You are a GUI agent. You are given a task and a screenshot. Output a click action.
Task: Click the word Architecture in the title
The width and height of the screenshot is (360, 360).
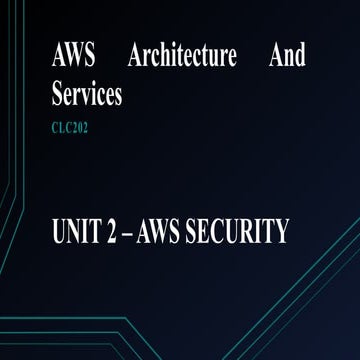[182, 57]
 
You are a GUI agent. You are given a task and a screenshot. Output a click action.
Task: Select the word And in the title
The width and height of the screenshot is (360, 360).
[287, 57]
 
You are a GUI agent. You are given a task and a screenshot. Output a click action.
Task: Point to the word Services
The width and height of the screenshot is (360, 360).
[86, 95]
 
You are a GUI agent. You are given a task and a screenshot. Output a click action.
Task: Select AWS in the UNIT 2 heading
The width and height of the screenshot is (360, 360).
[171, 233]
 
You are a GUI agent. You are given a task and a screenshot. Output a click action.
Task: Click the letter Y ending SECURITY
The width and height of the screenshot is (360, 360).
[281, 233]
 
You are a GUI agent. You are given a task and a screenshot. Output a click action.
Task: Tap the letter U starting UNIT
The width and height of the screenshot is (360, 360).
[59, 233]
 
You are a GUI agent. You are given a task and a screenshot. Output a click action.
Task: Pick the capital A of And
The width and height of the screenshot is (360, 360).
[275, 57]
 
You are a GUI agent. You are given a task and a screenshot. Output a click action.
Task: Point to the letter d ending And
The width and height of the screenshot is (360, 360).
[300, 57]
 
